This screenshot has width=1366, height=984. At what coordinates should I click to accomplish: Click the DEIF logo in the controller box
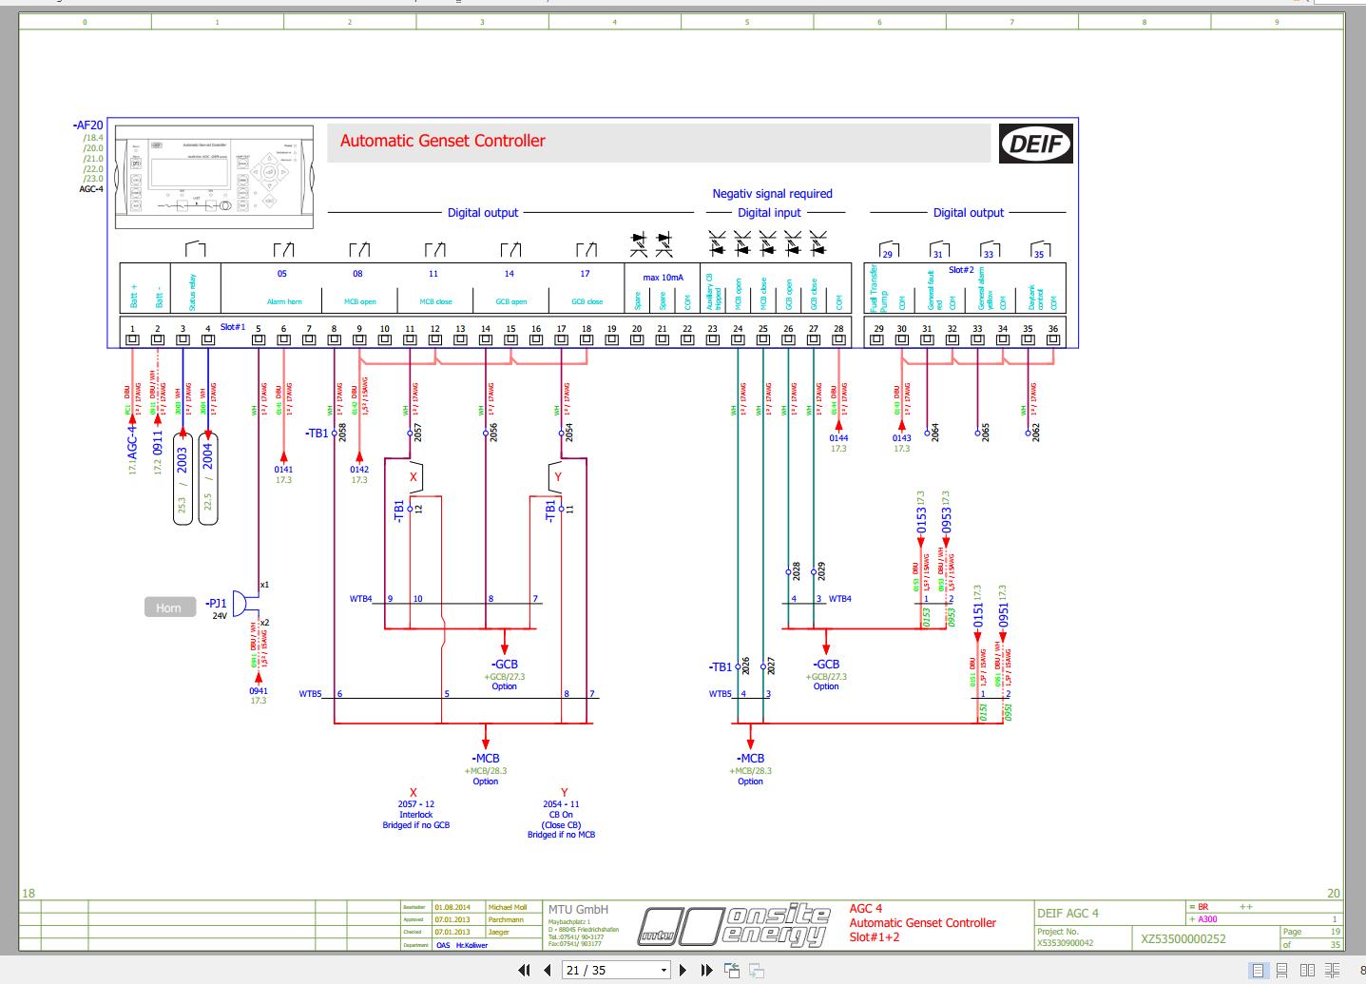[1035, 145]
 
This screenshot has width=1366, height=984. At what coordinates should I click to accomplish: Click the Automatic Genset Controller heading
[443, 141]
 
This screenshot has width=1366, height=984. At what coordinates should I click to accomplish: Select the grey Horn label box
[169, 608]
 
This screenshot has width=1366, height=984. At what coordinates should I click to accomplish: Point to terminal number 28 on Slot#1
[838, 329]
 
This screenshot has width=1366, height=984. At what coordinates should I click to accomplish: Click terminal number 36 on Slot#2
[1052, 329]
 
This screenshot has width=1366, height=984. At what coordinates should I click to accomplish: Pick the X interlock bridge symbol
[413, 477]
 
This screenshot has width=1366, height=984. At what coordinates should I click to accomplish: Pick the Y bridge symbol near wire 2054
[558, 477]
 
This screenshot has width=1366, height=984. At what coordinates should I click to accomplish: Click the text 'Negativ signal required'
[772, 194]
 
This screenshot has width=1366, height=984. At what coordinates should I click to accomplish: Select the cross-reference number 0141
[283, 470]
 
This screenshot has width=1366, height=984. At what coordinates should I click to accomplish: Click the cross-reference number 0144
[838, 438]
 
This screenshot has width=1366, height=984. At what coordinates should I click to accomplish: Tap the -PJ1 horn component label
[216, 604]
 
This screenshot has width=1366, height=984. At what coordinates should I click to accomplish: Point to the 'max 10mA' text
[663, 278]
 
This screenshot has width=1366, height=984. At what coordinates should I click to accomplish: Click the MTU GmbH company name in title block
[578, 909]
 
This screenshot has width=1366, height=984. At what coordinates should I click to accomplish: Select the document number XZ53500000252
[1183, 939]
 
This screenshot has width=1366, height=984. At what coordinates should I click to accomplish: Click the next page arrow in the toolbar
[683, 970]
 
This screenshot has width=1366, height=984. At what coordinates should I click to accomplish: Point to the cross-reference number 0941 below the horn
[259, 691]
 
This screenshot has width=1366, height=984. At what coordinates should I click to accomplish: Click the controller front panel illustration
[216, 178]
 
